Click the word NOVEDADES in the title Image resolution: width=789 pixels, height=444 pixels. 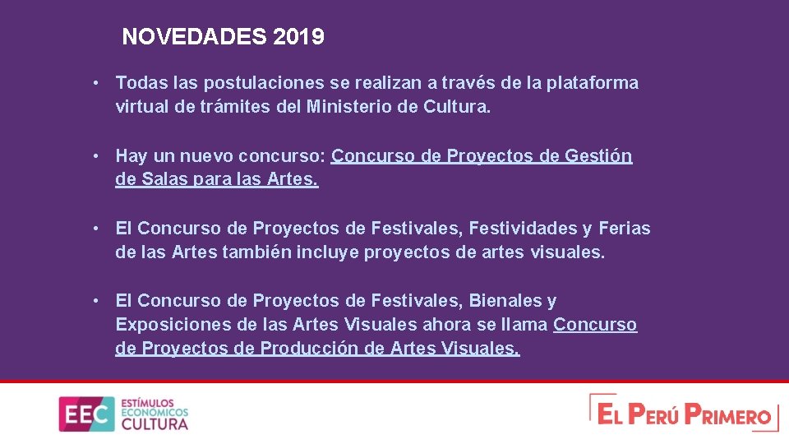tap(194, 37)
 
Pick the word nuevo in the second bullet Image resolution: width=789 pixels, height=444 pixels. tap(210, 156)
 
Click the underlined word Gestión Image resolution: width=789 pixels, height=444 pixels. tap(598, 156)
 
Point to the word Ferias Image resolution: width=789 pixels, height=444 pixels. tap(625, 229)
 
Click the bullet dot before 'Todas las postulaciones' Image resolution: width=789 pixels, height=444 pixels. tap(97, 83)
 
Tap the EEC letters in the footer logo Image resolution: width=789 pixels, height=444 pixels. tap(86, 414)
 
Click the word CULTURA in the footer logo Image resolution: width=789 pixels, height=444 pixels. tap(155, 424)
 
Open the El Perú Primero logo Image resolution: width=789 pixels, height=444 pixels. tap(683, 413)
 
